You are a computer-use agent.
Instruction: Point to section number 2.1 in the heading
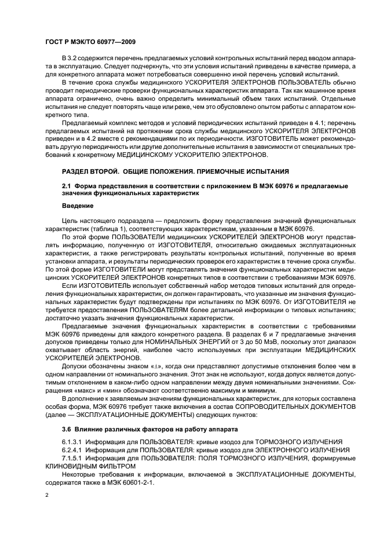point(67,185)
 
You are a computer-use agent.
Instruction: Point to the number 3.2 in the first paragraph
point(71,60)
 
